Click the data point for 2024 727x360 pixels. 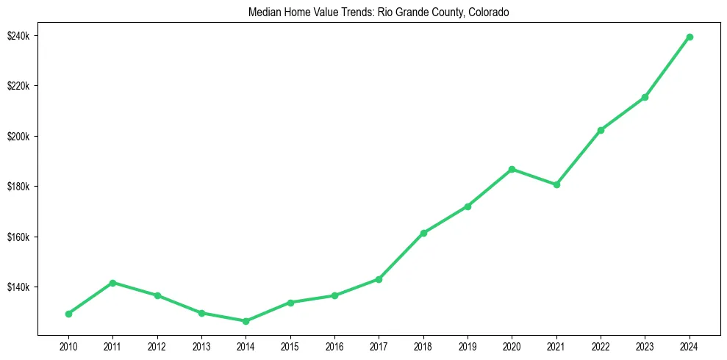point(690,37)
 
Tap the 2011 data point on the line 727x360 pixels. point(112,283)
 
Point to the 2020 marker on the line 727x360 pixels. point(512,170)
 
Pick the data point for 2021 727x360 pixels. point(556,184)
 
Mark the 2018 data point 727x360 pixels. point(423,233)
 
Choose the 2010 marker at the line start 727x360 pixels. point(68,314)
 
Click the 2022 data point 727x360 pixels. point(601,130)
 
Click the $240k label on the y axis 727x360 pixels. point(17,36)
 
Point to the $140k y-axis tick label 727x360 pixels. point(17,287)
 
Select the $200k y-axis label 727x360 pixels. point(17,137)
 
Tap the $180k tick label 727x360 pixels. point(17,187)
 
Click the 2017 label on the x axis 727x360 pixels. point(379,345)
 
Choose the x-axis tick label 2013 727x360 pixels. point(201,345)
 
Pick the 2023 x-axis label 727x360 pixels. point(645,345)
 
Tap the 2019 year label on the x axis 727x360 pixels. point(468,345)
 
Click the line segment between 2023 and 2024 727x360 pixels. point(667,67)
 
